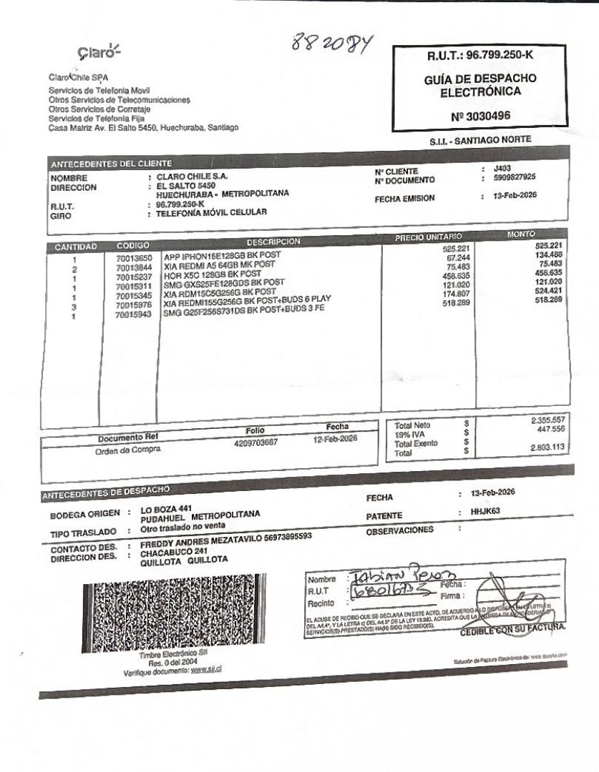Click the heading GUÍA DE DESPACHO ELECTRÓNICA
click(x=479, y=84)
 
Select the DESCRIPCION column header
click(x=273, y=241)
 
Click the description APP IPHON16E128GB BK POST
click(x=223, y=255)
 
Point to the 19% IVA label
click(x=409, y=434)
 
